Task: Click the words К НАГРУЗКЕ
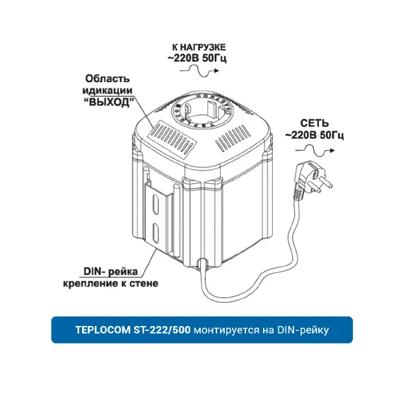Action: (x=199, y=47)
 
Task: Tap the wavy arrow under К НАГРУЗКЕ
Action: (x=199, y=71)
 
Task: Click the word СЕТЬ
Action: (x=315, y=123)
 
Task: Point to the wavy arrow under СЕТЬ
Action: (x=315, y=151)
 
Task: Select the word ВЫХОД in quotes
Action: (x=109, y=103)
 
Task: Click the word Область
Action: (x=107, y=78)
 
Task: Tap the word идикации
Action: (x=107, y=91)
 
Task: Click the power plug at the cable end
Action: (x=313, y=180)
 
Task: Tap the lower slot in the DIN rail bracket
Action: (x=156, y=233)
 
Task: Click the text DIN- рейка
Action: (x=110, y=272)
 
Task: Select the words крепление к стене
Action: (x=110, y=283)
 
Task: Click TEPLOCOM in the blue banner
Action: (x=103, y=330)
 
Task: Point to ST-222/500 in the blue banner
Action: (x=162, y=330)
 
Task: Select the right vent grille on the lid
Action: (x=233, y=138)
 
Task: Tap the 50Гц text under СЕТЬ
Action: (x=332, y=135)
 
